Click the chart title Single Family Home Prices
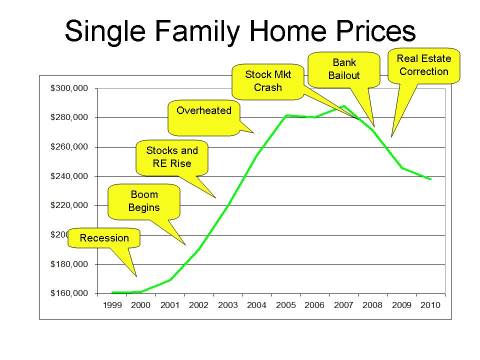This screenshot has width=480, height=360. (x=240, y=31)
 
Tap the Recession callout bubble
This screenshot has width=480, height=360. (x=104, y=238)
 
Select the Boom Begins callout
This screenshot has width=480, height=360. (x=144, y=201)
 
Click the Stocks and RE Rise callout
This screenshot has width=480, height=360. (x=171, y=157)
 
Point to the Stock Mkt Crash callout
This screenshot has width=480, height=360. (x=268, y=81)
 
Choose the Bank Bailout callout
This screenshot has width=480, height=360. (x=344, y=69)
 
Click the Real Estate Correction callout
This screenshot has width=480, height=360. (x=423, y=65)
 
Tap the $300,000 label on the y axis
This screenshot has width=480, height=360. (x=69, y=88)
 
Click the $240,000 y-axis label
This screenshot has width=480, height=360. (x=69, y=176)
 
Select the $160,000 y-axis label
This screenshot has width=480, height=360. (x=69, y=293)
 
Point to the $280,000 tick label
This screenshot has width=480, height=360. (x=69, y=117)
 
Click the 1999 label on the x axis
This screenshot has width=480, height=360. (x=112, y=305)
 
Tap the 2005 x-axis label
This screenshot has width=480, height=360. (x=286, y=305)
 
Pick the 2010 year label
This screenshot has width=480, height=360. (x=430, y=305)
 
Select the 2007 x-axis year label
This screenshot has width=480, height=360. (x=344, y=305)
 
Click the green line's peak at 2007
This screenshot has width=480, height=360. (x=344, y=106)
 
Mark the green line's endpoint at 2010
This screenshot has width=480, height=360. (x=430, y=179)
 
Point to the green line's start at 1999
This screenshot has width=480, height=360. (x=112, y=292)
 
